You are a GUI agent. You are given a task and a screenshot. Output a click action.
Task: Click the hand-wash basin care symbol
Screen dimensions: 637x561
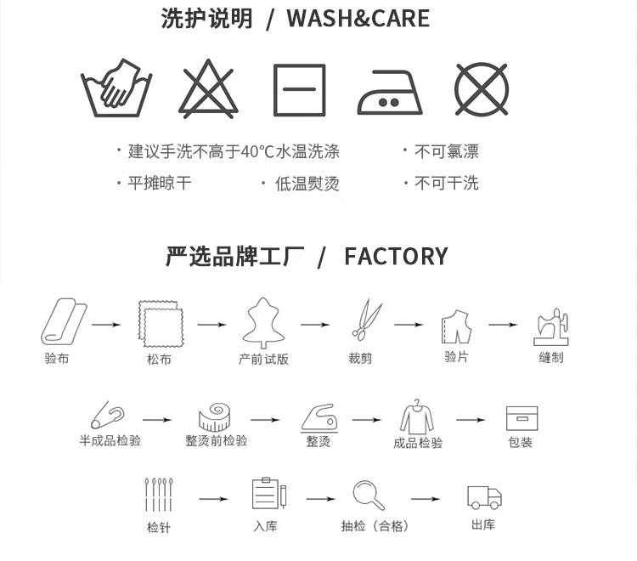[x=116, y=88]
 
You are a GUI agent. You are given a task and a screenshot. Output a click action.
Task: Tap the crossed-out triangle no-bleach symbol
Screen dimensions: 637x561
[x=208, y=90]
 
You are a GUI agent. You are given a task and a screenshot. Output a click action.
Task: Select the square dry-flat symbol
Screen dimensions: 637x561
[x=299, y=90]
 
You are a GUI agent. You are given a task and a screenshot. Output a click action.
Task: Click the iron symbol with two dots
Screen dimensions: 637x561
[x=390, y=92]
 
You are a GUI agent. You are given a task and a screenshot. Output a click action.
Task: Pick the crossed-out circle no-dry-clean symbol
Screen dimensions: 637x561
[x=482, y=89]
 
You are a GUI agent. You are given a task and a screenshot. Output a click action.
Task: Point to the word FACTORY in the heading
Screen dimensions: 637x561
[x=396, y=256]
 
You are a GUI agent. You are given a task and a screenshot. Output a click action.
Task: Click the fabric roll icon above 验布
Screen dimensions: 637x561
[x=63, y=321]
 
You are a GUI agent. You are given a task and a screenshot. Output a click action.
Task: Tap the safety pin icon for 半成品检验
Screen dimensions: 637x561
[x=107, y=415]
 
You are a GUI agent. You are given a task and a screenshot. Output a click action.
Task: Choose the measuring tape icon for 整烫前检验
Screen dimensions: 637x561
[x=215, y=416]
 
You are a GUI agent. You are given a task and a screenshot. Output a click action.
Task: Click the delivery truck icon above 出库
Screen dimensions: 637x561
[x=483, y=496]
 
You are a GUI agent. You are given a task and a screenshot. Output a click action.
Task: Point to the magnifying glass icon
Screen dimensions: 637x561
[x=368, y=495]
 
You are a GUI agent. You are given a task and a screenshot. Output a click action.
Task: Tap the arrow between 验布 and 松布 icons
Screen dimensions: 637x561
[x=107, y=324]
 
